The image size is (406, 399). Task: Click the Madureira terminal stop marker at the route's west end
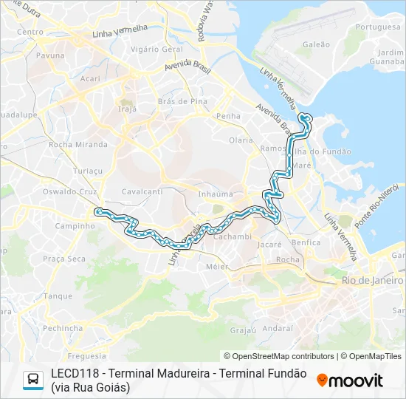click(97, 211)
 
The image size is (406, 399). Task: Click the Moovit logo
click(350, 381)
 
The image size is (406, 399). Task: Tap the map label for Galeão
click(316, 44)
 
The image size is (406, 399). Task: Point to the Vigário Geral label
click(156, 49)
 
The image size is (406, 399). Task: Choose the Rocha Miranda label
click(78, 145)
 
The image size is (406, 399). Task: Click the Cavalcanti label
click(142, 191)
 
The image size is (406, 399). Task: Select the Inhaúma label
click(216, 194)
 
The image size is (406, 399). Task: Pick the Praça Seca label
click(64, 259)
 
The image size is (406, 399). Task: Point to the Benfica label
click(306, 242)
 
